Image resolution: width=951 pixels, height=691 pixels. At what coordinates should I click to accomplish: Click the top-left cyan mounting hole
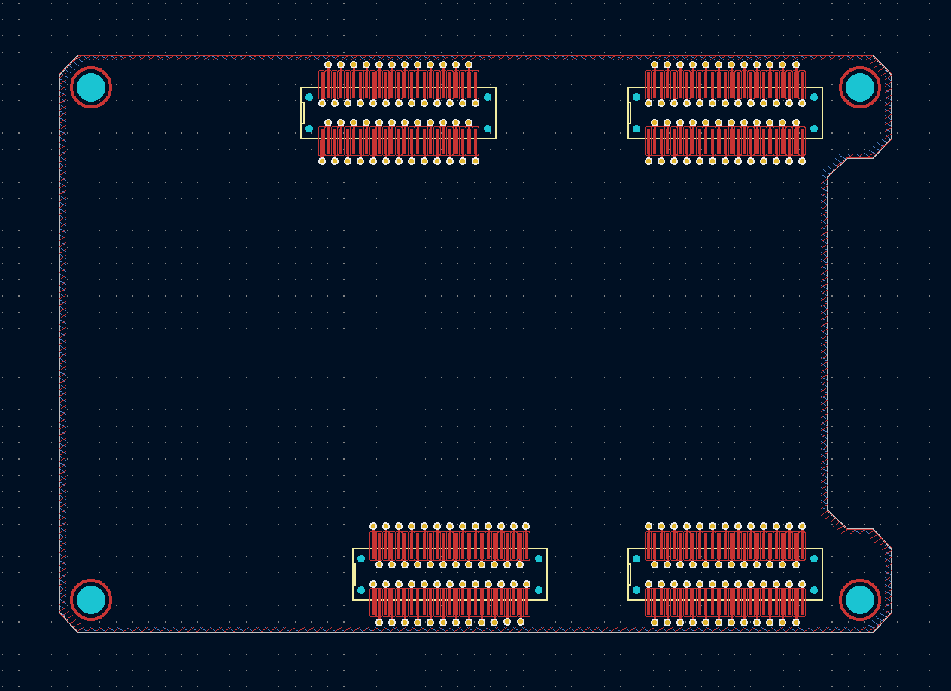pyautogui.click(x=91, y=87)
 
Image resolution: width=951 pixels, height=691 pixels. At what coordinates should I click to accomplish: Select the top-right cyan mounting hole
pyautogui.click(x=860, y=87)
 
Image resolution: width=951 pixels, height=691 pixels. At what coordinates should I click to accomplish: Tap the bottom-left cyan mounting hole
pyautogui.click(x=91, y=600)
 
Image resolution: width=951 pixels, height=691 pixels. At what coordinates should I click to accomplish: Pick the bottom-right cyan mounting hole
pyautogui.click(x=860, y=600)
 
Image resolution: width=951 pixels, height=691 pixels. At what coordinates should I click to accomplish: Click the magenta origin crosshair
pyautogui.click(x=59, y=632)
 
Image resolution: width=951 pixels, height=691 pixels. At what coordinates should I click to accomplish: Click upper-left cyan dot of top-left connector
pyautogui.click(x=309, y=97)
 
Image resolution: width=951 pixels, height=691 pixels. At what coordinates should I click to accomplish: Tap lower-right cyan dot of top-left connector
pyautogui.click(x=488, y=129)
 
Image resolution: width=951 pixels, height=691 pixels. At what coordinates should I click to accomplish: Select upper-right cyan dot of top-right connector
pyautogui.click(x=814, y=97)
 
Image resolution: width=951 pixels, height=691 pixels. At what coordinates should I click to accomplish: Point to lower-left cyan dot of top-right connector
pyautogui.click(x=637, y=129)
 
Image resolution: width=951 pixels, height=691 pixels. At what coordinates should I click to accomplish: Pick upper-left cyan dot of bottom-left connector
pyautogui.click(x=361, y=559)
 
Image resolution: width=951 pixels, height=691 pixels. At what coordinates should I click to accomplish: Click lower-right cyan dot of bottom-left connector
pyautogui.click(x=539, y=590)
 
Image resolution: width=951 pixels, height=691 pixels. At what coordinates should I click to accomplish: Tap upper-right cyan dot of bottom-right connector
pyautogui.click(x=814, y=559)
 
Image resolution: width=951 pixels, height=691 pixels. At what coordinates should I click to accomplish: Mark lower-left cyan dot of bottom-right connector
pyautogui.click(x=637, y=590)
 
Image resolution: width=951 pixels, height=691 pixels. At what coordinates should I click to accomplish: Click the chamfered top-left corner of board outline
pyautogui.click(x=69, y=65)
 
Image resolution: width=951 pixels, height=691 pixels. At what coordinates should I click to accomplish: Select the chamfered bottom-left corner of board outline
pyautogui.click(x=69, y=623)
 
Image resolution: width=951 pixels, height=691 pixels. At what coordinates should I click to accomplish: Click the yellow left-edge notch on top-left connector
pyautogui.click(x=302, y=113)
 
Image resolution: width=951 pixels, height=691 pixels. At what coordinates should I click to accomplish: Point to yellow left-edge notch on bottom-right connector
pyautogui.click(x=630, y=574)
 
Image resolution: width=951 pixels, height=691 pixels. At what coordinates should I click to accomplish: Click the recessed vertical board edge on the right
pyautogui.click(x=828, y=339)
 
